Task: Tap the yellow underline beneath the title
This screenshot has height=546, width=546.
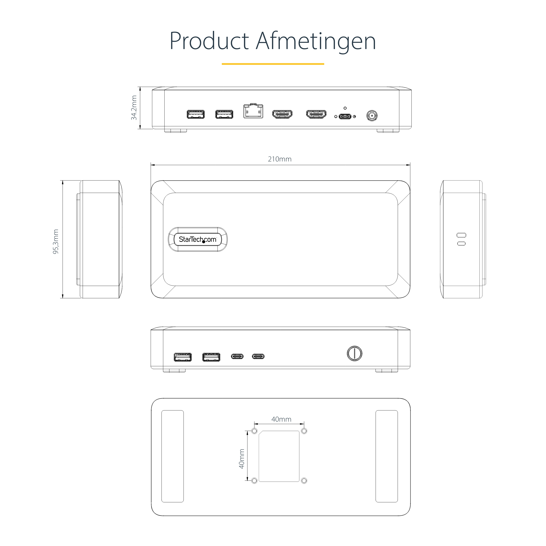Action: tap(273, 64)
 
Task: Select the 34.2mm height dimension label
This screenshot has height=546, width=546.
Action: tap(134, 108)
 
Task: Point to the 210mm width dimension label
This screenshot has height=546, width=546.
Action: tap(279, 159)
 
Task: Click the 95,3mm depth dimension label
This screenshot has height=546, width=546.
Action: tap(56, 242)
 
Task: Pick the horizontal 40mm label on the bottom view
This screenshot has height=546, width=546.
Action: tap(281, 419)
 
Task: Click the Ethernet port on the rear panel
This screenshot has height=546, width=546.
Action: tap(253, 111)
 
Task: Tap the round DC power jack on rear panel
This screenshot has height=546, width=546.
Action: tap(372, 116)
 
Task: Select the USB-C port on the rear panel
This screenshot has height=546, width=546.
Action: tap(345, 116)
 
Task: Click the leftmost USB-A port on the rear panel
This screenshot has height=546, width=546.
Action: tap(196, 114)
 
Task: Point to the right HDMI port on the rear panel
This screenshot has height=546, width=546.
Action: tap(316, 114)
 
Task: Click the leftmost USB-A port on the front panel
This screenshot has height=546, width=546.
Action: tap(183, 357)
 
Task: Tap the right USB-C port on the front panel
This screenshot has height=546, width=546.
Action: tap(258, 356)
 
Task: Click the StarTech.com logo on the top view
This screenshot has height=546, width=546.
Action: tap(198, 239)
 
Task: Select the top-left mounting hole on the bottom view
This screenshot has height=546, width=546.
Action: tap(254, 431)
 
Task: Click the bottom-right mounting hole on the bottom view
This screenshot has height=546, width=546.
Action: tap(304, 481)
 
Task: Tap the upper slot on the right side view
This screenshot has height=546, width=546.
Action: tap(462, 235)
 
